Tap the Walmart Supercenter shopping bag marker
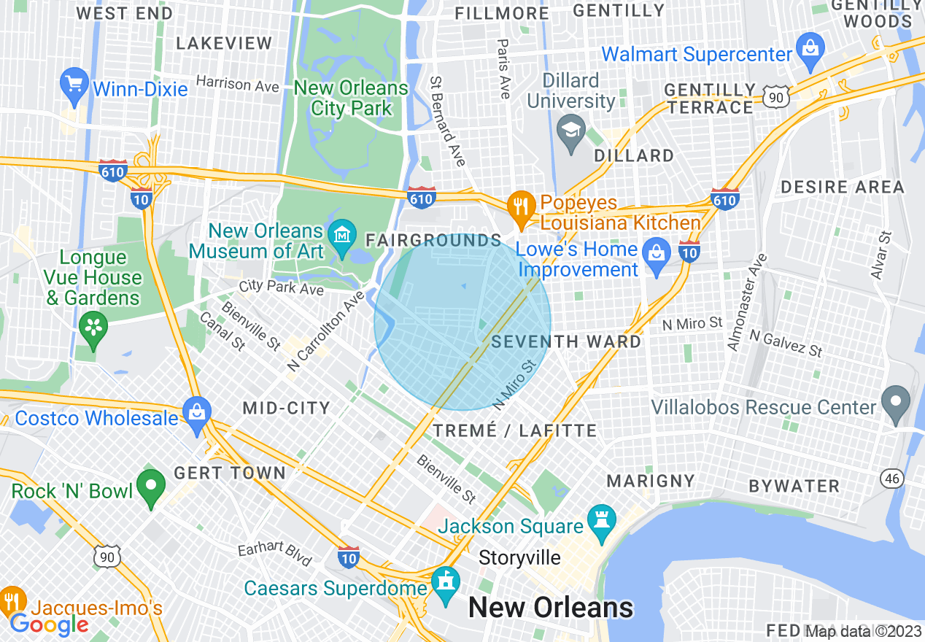809,48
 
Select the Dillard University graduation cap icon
570,132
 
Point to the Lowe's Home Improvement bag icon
657,253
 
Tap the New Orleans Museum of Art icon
341,235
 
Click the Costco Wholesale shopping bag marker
196,410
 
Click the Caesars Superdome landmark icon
445,581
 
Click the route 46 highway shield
892,478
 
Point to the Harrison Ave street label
237,84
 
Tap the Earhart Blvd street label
275,554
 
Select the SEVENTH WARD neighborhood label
567,341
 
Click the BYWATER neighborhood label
794,486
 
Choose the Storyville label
519,558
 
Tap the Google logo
49,624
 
